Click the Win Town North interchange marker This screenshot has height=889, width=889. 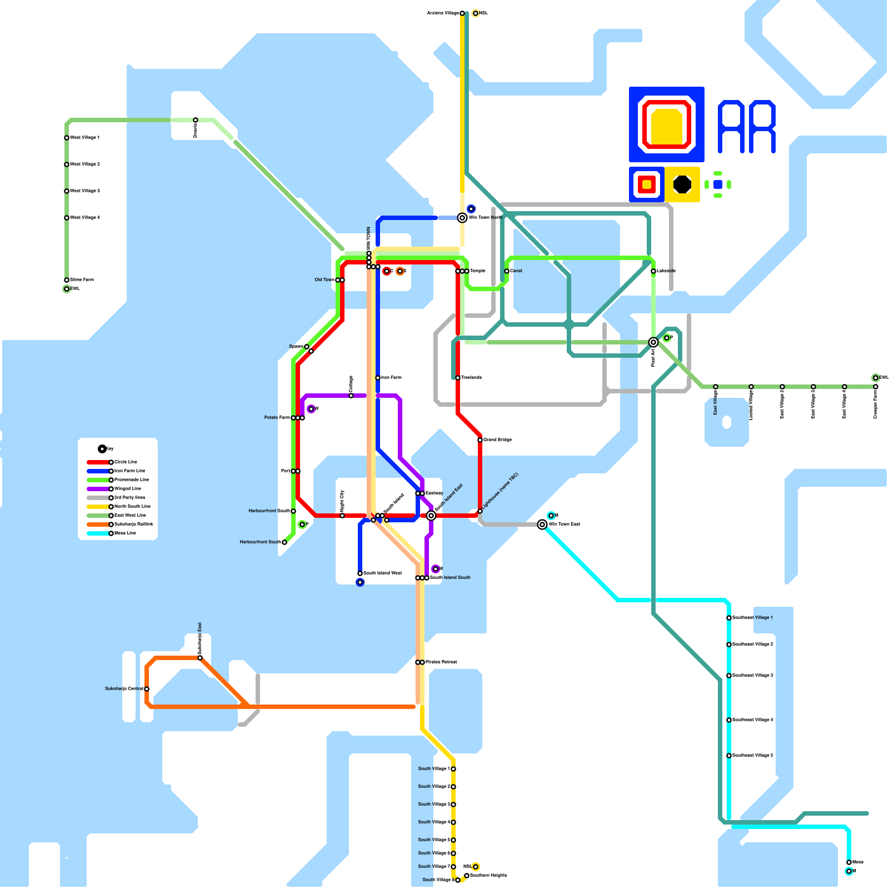pos(462,218)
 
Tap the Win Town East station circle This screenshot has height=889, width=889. pos(542,525)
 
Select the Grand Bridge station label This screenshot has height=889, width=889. pos(497,440)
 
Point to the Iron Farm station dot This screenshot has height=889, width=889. pos(378,378)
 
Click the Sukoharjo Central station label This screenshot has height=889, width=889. pos(124,689)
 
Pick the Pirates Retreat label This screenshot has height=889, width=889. pos(441,662)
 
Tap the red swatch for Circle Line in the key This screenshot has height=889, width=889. pos(98,462)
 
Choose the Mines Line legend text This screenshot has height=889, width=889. pos(125,533)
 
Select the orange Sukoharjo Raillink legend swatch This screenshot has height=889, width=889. pos(98,525)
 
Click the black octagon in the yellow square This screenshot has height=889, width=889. pos(682,184)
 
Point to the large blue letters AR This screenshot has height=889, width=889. pos(746,127)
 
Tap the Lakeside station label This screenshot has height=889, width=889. pos(666,271)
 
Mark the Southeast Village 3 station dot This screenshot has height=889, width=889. pos(729,676)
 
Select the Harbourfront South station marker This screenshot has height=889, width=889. pos(284,542)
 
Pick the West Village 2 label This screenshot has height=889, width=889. pos(85,164)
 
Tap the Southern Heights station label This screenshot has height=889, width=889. pos(488,876)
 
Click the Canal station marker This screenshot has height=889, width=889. pos(507,271)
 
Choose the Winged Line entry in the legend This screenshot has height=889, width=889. pos(127,489)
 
